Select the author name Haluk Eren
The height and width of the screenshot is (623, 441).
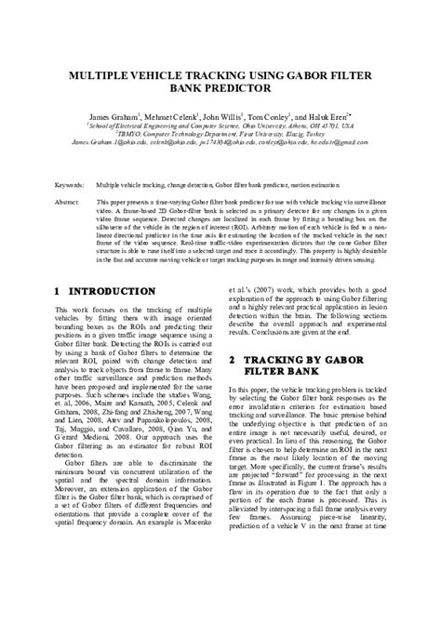[361, 117]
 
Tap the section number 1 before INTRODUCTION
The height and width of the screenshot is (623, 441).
[60, 291]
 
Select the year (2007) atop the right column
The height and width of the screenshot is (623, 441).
[275, 289]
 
